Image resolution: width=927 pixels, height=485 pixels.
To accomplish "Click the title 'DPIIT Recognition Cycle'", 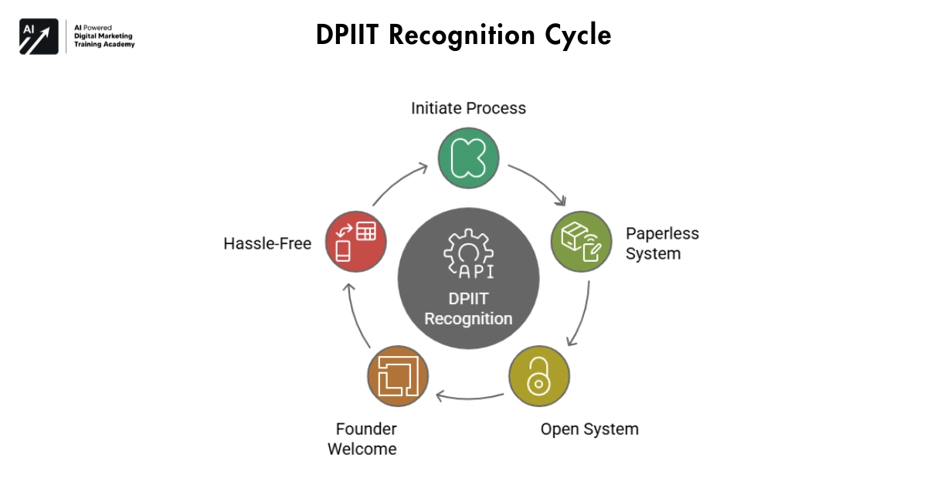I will click(463, 36).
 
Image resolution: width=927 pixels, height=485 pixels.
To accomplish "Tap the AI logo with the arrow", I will click(39, 36).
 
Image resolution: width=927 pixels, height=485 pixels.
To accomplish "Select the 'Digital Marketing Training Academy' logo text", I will click(104, 36).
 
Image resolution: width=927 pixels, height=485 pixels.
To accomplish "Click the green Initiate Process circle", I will click(468, 158).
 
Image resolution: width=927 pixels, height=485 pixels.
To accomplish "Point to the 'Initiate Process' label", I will click(468, 108).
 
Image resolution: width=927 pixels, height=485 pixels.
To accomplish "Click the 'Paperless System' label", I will click(661, 242).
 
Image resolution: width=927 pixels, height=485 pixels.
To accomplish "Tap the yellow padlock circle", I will click(538, 376).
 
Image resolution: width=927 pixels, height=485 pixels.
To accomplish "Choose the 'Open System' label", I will click(589, 429).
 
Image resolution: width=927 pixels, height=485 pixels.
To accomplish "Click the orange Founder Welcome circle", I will click(398, 376).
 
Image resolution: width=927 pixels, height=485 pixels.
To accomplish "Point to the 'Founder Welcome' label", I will click(362, 439).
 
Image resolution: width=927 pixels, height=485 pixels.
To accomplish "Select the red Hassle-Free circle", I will click(356, 242).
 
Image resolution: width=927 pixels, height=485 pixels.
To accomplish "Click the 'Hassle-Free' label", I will click(267, 244).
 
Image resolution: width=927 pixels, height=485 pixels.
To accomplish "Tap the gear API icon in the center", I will click(468, 253).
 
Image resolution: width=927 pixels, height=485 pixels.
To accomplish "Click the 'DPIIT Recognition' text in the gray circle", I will click(468, 308).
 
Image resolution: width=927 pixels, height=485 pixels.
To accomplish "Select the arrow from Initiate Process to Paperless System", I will click(538, 183).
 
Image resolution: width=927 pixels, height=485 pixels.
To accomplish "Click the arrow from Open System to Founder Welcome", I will click(469, 399).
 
